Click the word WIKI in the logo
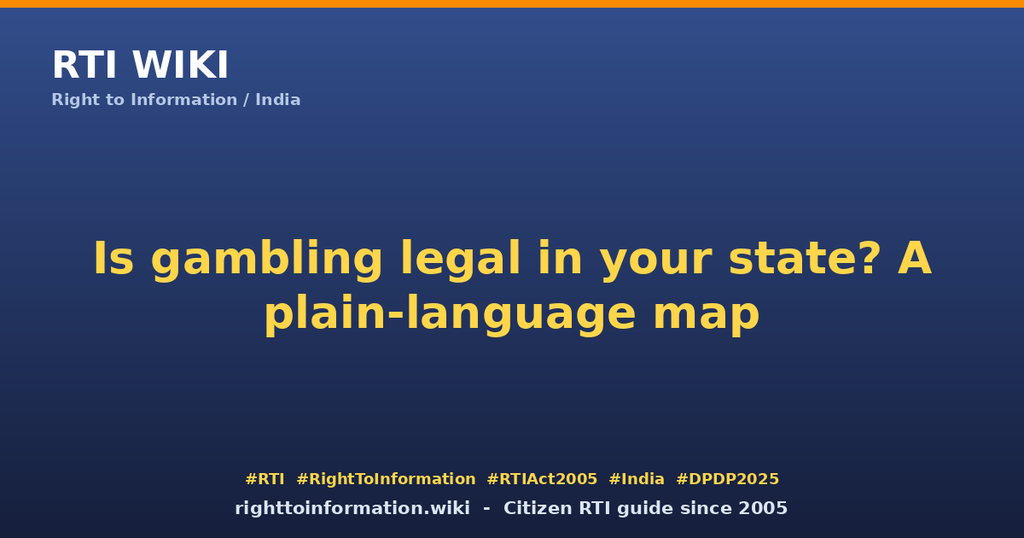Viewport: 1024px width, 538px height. pos(180,65)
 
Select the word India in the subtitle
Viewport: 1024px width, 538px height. pos(278,100)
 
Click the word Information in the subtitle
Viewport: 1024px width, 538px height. pos(183,100)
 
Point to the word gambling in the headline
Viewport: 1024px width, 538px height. pos(266,260)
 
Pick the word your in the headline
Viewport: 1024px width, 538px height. pos(656,263)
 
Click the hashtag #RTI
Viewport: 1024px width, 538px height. pos(265,479)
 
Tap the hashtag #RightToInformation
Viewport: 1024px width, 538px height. pos(386,479)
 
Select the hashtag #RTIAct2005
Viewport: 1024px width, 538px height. pos(542,479)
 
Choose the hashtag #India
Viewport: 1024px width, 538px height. pos(637,479)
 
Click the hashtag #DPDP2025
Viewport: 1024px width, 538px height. pos(728,479)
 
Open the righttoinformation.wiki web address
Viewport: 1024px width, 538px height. pos(352,508)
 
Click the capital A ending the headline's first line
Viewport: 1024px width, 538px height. pos(915,258)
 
